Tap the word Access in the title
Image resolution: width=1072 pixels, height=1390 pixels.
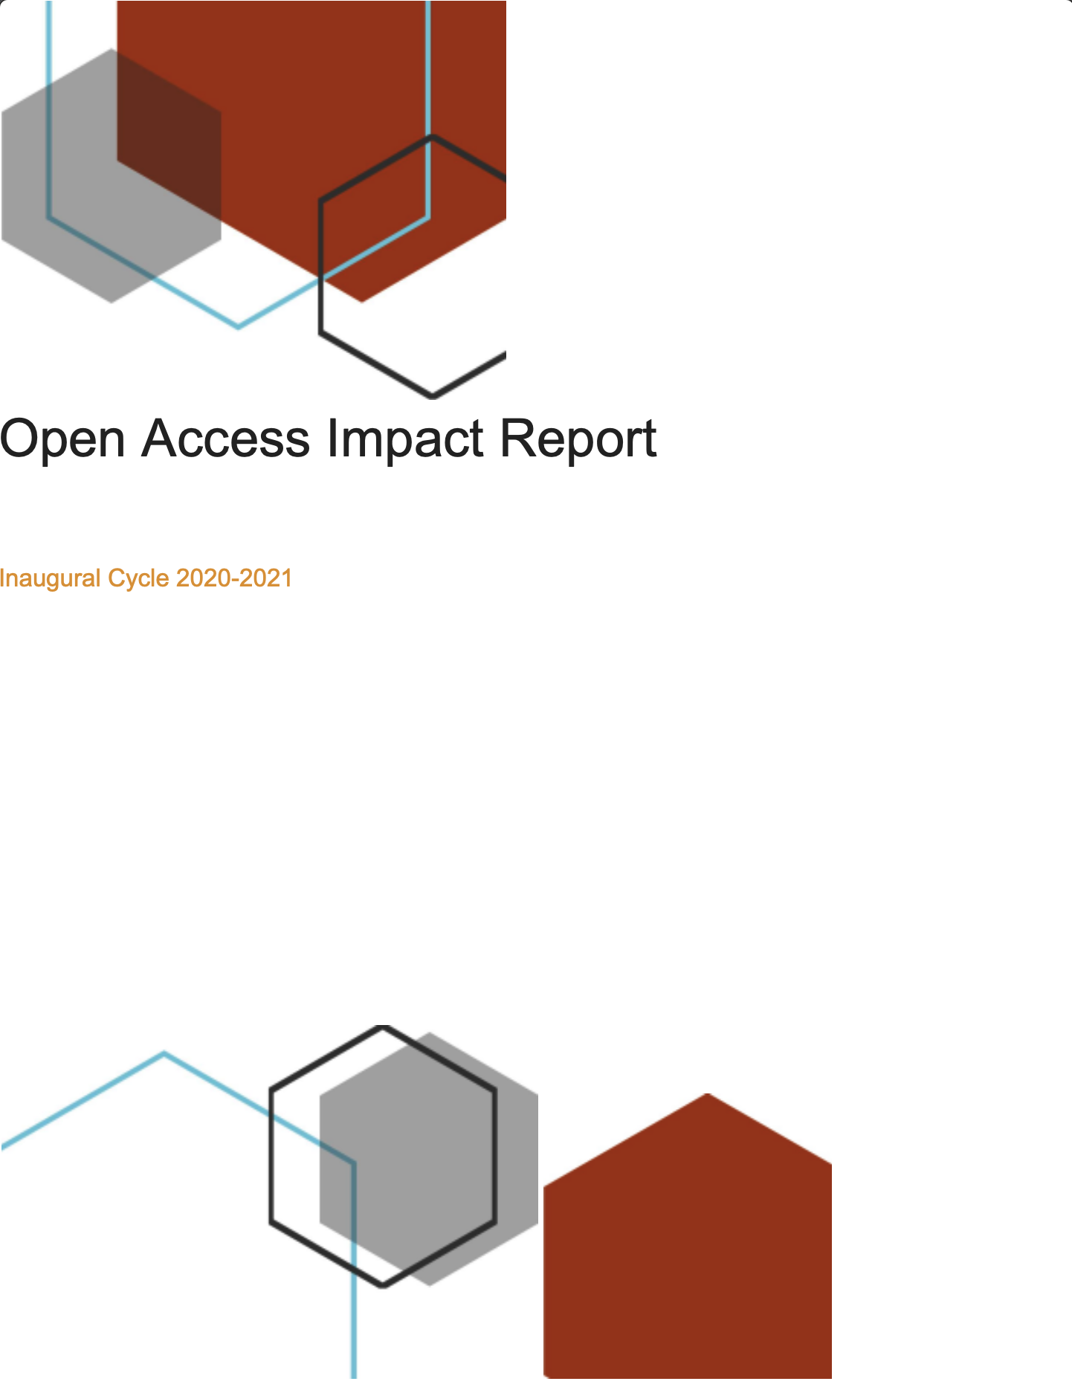225,439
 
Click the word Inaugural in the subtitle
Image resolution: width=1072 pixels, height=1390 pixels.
50,579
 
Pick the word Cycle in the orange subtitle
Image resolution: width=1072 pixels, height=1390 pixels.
139,579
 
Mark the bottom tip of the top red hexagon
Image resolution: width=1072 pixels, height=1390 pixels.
361,302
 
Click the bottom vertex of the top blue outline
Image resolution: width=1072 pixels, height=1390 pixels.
238,326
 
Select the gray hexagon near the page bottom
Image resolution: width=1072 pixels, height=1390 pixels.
429,1159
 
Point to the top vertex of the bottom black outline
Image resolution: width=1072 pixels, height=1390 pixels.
383,1028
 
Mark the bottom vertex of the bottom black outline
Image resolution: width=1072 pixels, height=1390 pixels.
383,1284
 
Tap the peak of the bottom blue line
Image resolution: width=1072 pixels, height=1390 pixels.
164,1053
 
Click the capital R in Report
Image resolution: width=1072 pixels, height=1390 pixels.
518,439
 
